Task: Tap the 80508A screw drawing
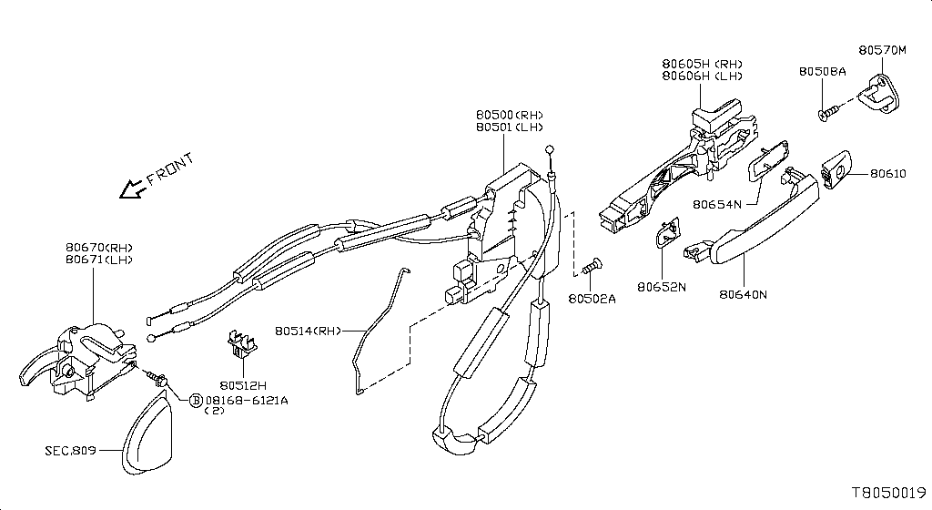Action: click(x=826, y=113)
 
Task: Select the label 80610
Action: click(x=887, y=173)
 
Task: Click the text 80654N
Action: click(x=717, y=205)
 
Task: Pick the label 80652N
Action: click(x=662, y=287)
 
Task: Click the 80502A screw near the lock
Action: click(x=594, y=266)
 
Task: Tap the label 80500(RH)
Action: click(x=509, y=116)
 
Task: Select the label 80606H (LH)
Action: click(x=702, y=76)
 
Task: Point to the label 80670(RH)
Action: click(x=100, y=248)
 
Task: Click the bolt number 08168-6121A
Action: click(x=247, y=400)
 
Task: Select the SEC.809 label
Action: click(x=70, y=450)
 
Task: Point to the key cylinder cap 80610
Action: click(x=836, y=171)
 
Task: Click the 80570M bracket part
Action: click(x=880, y=93)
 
